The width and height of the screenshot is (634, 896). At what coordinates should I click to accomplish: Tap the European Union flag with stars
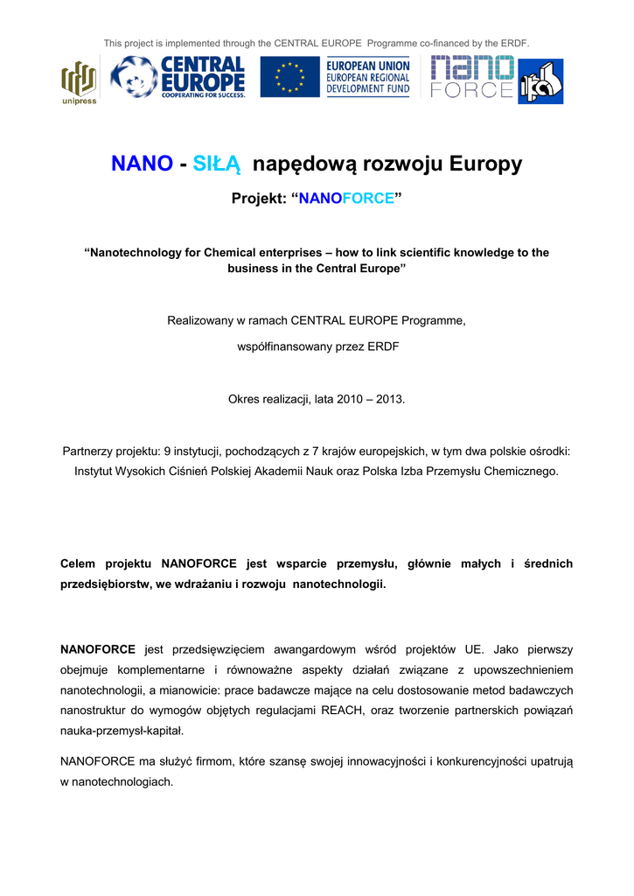click(x=289, y=78)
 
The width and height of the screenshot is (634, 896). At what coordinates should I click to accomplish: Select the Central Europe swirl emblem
click(x=135, y=77)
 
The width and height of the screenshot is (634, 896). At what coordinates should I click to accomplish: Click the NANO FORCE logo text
click(x=472, y=77)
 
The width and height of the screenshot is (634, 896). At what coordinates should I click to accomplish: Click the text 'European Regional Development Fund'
click(x=367, y=78)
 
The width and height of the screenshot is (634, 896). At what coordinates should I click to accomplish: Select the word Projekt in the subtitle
click(x=256, y=199)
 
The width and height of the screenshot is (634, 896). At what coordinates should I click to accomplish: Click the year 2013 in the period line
click(x=389, y=399)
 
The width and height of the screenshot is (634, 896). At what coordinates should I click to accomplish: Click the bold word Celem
click(x=78, y=563)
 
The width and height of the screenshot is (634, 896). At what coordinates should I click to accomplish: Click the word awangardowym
click(x=317, y=649)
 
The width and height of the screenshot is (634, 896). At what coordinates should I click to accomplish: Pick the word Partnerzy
click(x=89, y=451)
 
